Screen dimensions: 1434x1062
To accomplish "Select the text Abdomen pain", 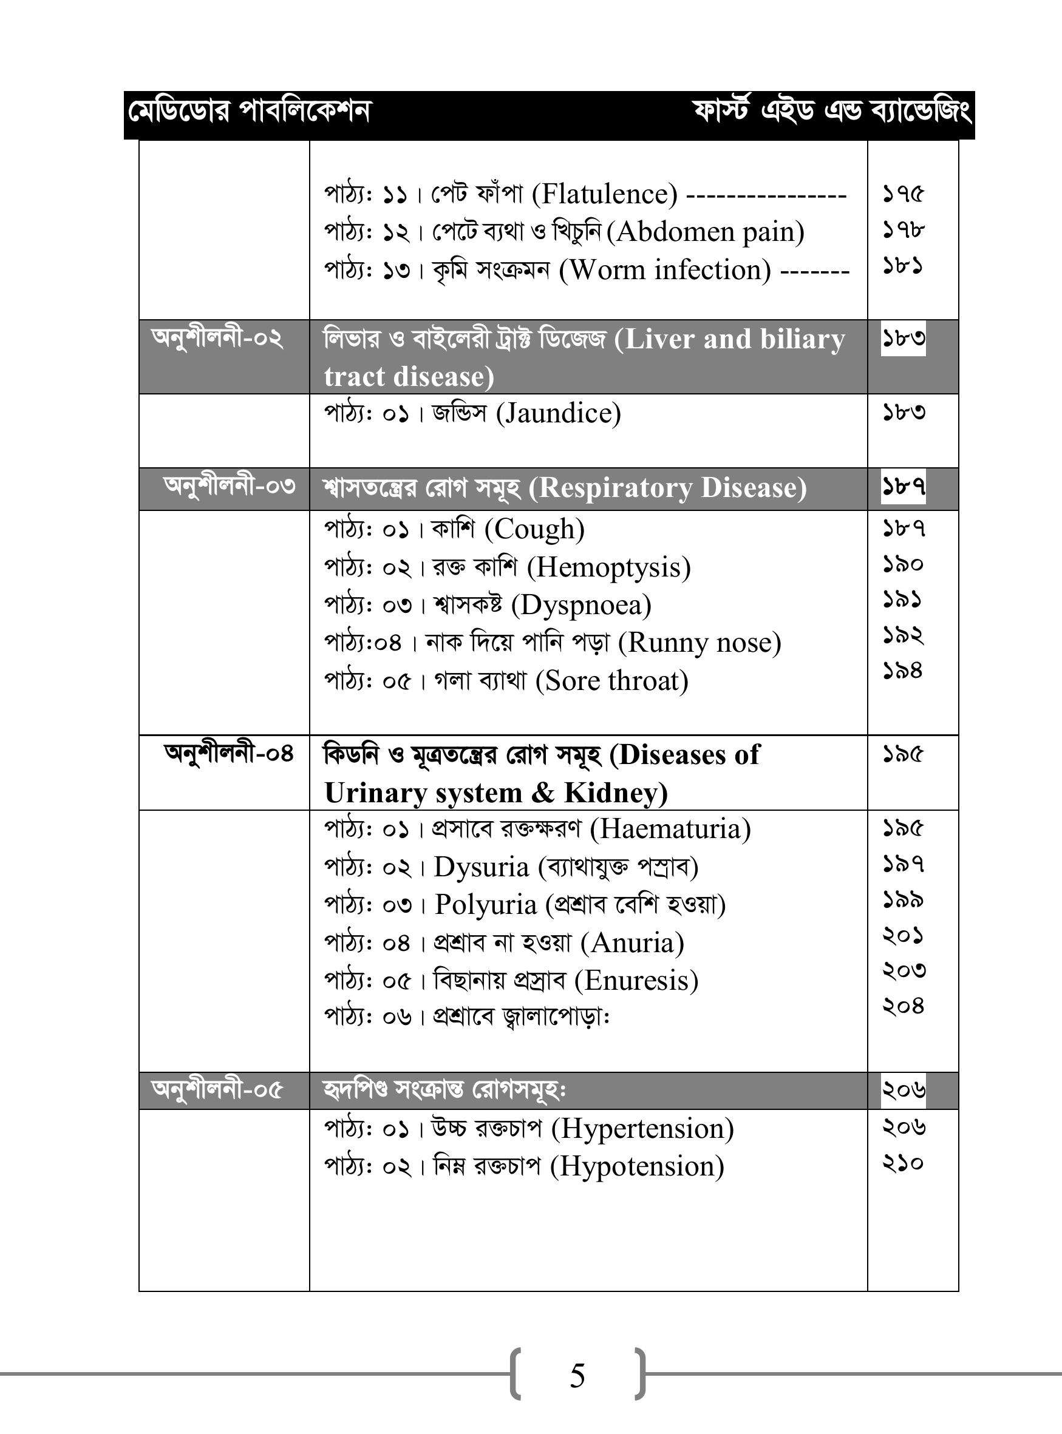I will coord(705,231).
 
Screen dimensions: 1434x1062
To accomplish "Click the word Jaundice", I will coord(559,413).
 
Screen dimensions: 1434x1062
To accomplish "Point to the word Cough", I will coord(534,529).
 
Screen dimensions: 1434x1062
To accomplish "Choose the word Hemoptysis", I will coord(609,567).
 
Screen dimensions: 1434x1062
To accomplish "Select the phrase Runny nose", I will coord(699,643).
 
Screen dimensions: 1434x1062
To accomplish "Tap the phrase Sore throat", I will coord(612,681).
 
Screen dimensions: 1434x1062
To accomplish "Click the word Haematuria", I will coord(670,829).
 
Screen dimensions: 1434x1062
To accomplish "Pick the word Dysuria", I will coord(481,867).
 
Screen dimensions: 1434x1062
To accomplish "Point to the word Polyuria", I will coord(485,905).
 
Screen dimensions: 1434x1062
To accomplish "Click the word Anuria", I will coord(632,942).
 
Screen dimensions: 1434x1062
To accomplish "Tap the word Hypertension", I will coord(642,1129).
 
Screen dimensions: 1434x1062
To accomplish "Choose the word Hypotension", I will coord(637,1167).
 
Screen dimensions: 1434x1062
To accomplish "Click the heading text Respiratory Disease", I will coord(667,488).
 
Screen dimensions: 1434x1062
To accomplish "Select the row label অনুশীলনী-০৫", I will coord(217,1090).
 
